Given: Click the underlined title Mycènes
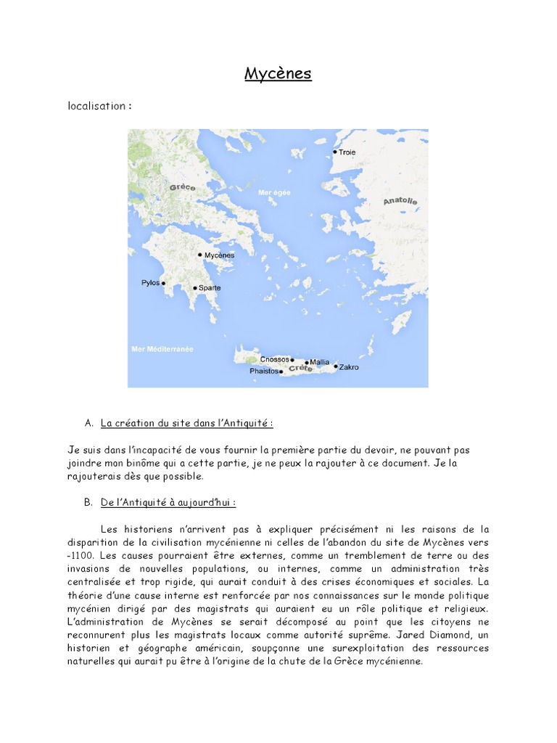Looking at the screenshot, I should click(x=278, y=73).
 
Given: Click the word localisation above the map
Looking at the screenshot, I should click(x=96, y=106).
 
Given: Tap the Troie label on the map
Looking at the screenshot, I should click(x=347, y=152).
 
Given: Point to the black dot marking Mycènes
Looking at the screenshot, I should click(x=199, y=255).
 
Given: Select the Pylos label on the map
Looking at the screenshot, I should click(x=151, y=283).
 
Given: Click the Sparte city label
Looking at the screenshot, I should click(x=210, y=288).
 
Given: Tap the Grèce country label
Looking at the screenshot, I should click(x=183, y=187).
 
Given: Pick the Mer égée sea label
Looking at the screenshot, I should click(x=273, y=192).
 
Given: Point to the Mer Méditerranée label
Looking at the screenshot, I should click(x=162, y=349).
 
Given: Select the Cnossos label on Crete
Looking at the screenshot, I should click(x=274, y=359).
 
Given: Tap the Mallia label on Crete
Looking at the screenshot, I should click(x=319, y=361).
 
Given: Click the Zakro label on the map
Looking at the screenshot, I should click(x=349, y=367).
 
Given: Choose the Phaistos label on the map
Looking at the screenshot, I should click(x=264, y=371).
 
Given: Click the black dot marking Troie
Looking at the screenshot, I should click(x=334, y=152).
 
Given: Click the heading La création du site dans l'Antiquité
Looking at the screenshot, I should click(x=187, y=423).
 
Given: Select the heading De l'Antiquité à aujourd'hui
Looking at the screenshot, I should click(x=168, y=502).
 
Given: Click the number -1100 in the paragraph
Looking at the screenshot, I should click(x=78, y=556).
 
